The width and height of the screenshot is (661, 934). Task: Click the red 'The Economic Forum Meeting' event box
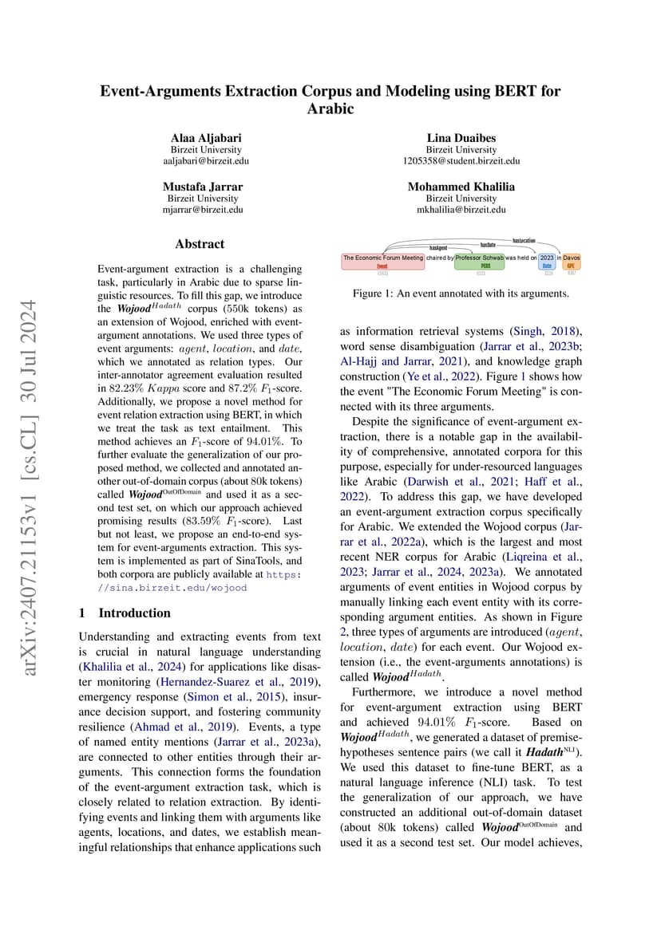(382, 261)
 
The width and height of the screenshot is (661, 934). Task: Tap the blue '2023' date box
(547, 261)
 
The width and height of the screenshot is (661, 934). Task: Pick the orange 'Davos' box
(571, 261)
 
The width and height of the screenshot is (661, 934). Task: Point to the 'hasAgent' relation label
(438, 248)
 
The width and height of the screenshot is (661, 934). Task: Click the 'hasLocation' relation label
(524, 239)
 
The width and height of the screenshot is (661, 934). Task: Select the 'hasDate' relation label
(488, 244)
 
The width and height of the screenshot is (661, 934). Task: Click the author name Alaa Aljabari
(206, 137)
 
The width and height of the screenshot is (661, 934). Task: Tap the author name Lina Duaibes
(461, 137)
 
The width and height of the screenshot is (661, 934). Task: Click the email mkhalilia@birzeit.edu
(461, 210)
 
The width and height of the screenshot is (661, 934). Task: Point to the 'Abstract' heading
(200, 244)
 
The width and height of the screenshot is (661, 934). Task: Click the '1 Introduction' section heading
(125, 613)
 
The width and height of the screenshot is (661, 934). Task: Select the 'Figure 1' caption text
(461, 294)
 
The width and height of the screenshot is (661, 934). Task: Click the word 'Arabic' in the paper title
(330, 108)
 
